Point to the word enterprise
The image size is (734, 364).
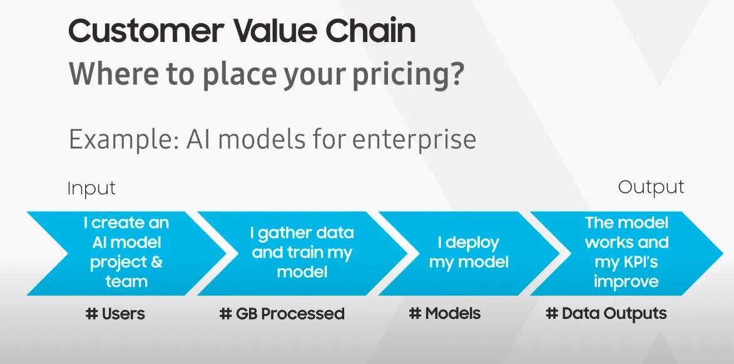coord(414,139)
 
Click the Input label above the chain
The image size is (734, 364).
coord(91,188)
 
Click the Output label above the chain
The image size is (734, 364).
coord(651,187)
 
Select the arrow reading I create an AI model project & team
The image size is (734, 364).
coord(126,252)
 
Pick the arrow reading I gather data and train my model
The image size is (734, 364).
coord(302,252)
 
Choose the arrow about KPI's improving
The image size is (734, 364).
coord(626,252)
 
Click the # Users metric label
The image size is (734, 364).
coord(115,313)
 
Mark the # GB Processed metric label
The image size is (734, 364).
coord(282,313)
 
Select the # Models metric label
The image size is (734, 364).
coord(445,313)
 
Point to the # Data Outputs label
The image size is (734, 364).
coord(606,313)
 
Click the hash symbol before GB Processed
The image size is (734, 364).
coord(225,313)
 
